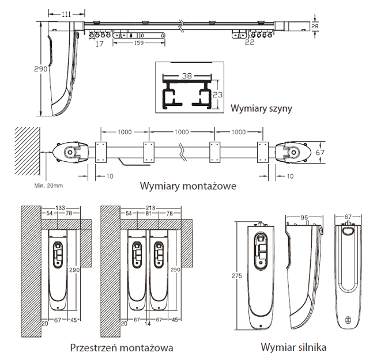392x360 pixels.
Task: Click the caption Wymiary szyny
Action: [261, 108]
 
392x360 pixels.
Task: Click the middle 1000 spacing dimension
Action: [181, 132]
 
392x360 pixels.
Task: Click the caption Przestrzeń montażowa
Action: [122, 348]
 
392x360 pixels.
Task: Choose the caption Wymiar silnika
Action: [295, 348]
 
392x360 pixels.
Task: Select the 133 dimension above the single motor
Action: [60, 207]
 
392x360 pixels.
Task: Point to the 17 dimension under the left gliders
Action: [100, 44]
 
